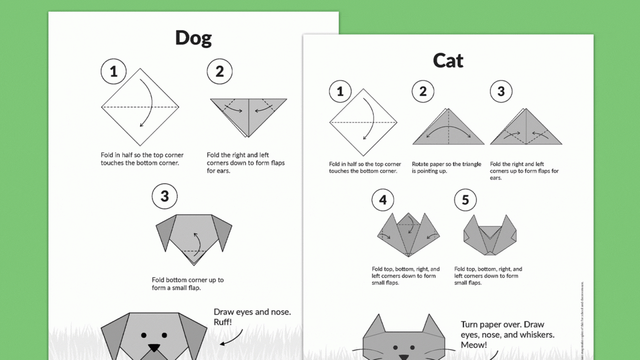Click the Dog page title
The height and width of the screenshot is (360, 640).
point(193,38)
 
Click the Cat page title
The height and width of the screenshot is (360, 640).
point(448,61)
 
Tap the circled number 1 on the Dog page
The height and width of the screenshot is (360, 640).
point(114,72)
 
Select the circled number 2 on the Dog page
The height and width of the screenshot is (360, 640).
point(220,72)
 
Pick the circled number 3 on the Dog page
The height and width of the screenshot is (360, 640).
point(164,196)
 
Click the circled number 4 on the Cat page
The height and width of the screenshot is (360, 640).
point(383,200)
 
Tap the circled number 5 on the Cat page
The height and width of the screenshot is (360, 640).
point(465,200)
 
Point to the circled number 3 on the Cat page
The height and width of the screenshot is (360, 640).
point(501,92)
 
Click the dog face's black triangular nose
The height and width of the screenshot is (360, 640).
point(154,347)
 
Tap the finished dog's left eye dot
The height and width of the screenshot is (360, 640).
point(144,335)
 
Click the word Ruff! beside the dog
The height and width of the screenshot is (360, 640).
point(223,322)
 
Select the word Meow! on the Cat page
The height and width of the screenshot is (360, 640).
point(474,345)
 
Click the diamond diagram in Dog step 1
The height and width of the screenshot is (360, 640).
point(140,107)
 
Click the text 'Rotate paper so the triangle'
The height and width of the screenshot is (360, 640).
point(446,164)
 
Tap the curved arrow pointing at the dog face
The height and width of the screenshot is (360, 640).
point(232,338)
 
